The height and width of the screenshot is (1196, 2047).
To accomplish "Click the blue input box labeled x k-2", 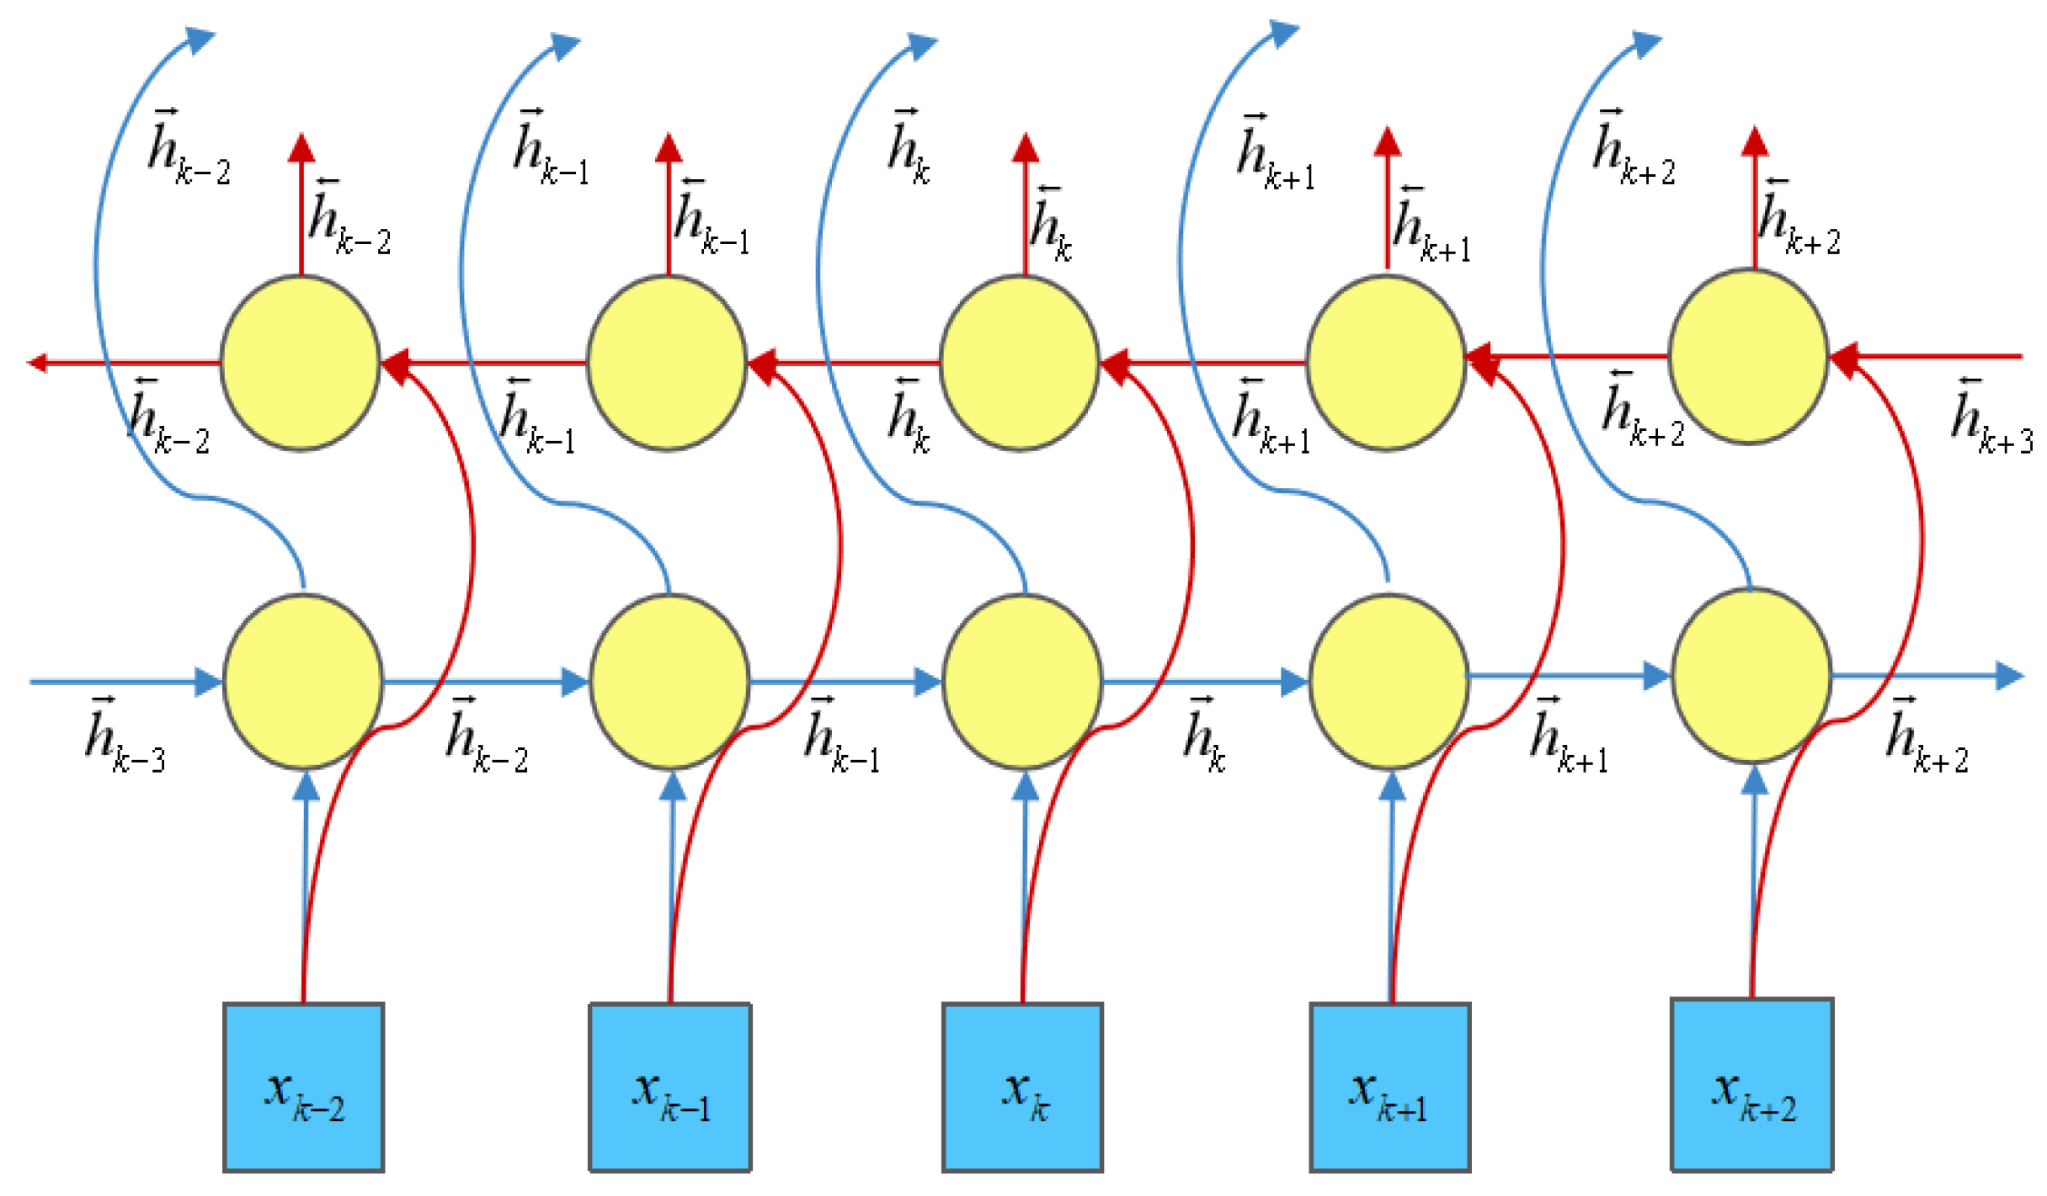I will click(x=303, y=1087).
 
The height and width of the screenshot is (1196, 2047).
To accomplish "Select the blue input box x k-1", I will click(x=669, y=1087).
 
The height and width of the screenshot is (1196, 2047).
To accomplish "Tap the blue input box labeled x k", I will click(x=1022, y=1087).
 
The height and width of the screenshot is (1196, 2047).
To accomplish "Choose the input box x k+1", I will click(x=1389, y=1087).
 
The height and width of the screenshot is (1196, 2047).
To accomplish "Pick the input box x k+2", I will click(x=1751, y=1084).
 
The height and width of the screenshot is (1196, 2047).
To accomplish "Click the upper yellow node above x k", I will click(x=1019, y=363).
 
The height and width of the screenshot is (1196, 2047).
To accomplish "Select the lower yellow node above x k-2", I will click(x=303, y=681).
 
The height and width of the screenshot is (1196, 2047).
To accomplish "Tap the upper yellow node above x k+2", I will click(x=1748, y=356).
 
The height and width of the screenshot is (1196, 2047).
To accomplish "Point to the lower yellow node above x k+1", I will click(x=1389, y=681).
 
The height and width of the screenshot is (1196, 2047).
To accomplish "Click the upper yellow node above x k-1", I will click(x=666, y=363).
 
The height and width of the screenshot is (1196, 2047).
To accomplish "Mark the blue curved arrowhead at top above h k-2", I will click(x=200, y=39).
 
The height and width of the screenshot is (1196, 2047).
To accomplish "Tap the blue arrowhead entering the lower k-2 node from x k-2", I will click(x=307, y=786).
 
